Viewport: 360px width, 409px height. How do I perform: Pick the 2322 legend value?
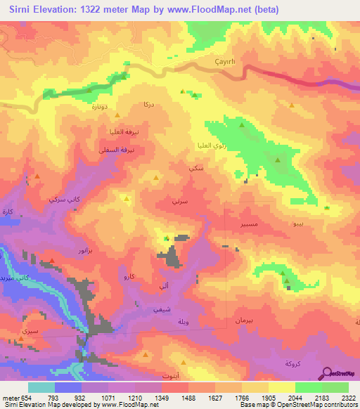point(349,398)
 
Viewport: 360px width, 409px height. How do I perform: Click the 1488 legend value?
point(188,398)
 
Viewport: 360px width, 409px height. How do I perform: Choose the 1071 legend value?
point(108,398)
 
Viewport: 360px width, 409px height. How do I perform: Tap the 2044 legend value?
point(295,398)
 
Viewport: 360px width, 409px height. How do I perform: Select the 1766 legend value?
point(242,398)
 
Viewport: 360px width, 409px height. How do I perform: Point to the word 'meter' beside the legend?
point(9,398)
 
